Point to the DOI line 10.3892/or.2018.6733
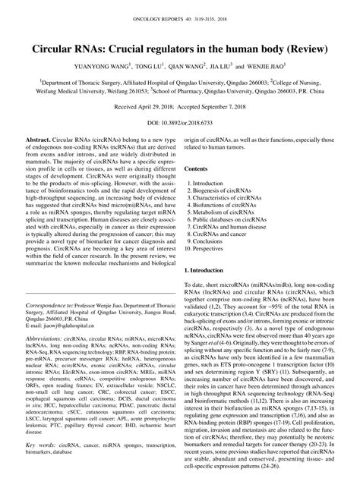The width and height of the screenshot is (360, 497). click(179, 121)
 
